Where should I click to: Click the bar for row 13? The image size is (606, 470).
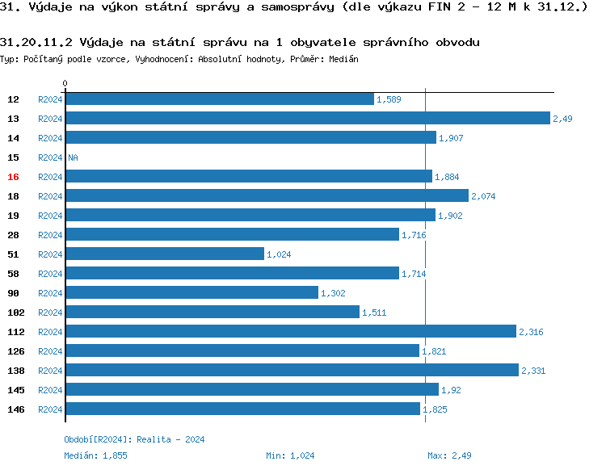(x=307, y=118)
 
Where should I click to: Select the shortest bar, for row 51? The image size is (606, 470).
(x=165, y=254)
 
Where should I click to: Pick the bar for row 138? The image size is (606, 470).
(x=292, y=370)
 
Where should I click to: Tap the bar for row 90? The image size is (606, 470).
(x=191, y=292)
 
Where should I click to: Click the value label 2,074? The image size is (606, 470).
(x=483, y=196)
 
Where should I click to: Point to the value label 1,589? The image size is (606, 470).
(x=389, y=99)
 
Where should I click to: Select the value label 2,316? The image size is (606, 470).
(x=531, y=332)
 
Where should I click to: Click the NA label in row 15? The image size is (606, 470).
(x=73, y=157)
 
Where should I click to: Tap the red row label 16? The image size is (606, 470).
(x=13, y=177)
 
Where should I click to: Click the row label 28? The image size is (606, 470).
(x=13, y=235)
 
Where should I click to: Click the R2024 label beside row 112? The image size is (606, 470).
(x=50, y=332)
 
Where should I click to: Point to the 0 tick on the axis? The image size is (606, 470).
(x=65, y=83)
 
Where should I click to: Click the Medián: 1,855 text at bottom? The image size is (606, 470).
(x=95, y=455)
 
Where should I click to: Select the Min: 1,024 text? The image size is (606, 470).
(x=290, y=455)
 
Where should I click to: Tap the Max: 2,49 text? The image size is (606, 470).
(x=449, y=455)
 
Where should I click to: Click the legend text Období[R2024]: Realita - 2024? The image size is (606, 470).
(x=134, y=439)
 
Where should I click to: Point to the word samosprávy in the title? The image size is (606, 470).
(x=294, y=8)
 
